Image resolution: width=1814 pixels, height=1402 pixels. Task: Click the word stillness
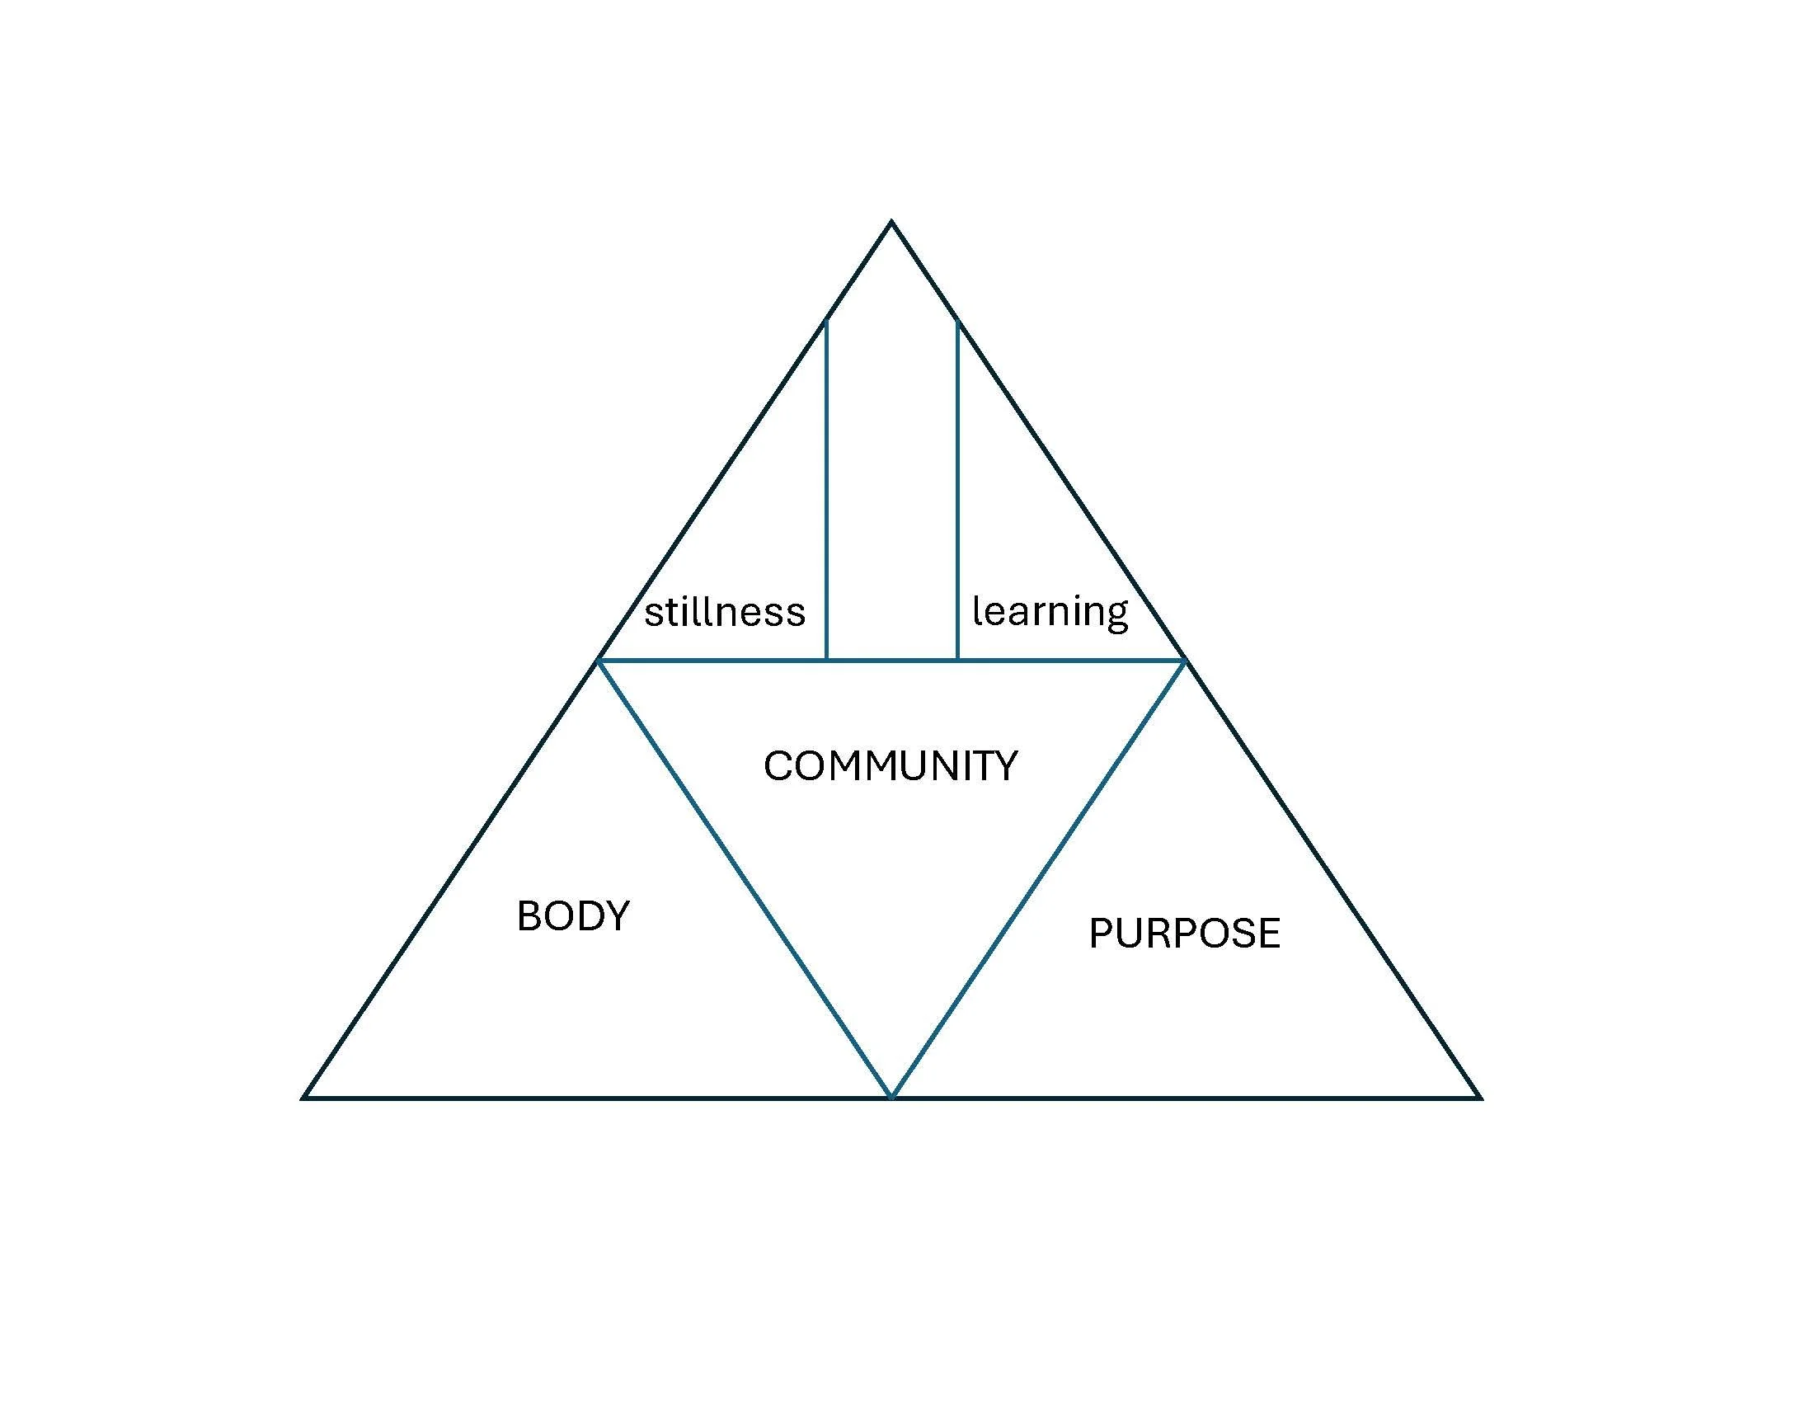click(x=724, y=612)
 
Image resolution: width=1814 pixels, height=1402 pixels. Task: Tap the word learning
click(x=1050, y=612)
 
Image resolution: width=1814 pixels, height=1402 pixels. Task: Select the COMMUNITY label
click(x=891, y=766)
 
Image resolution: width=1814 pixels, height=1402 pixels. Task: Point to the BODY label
click(x=573, y=916)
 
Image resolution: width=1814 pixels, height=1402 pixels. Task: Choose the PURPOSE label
click(x=1184, y=933)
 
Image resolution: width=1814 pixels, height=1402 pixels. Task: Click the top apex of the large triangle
click(x=891, y=222)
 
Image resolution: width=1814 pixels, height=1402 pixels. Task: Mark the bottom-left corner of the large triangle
click(x=304, y=1097)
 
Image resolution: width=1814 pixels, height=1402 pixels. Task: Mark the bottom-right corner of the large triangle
click(x=1479, y=1097)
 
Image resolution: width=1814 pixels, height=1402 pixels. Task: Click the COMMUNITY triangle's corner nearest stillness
click(x=599, y=661)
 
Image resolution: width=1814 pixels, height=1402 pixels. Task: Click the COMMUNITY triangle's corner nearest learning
click(x=1183, y=661)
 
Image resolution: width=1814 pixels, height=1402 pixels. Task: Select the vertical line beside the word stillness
click(x=826, y=490)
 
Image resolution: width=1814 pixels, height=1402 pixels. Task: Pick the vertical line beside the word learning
click(x=957, y=490)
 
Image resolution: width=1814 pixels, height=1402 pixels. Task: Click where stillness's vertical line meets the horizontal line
click(x=826, y=661)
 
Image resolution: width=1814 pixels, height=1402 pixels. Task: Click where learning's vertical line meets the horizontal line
click(x=957, y=661)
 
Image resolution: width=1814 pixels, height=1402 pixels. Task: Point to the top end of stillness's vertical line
click(x=826, y=322)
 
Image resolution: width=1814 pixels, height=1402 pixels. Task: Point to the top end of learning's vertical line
click(x=957, y=322)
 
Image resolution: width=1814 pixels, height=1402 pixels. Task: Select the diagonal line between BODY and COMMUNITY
click(x=745, y=879)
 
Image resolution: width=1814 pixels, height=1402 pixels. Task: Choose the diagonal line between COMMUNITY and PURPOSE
click(x=1037, y=879)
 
